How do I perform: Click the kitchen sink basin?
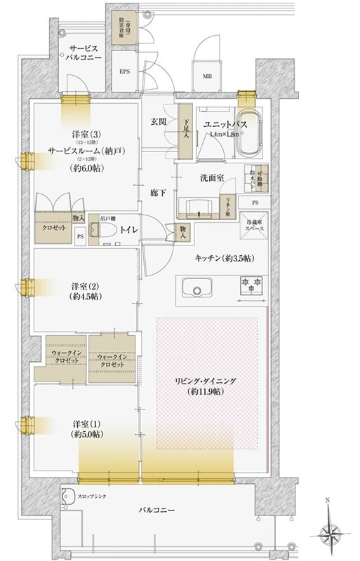click(x=196, y=288)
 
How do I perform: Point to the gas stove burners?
click(x=251, y=287)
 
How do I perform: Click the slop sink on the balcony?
click(x=67, y=499)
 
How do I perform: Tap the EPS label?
click(x=124, y=71)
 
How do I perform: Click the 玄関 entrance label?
click(x=158, y=122)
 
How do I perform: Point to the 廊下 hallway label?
click(x=158, y=192)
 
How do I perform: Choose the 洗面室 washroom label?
click(x=211, y=178)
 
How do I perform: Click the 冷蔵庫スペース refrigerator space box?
click(x=255, y=226)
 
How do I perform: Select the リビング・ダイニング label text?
click(x=206, y=381)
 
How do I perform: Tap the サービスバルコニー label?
click(x=85, y=54)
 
